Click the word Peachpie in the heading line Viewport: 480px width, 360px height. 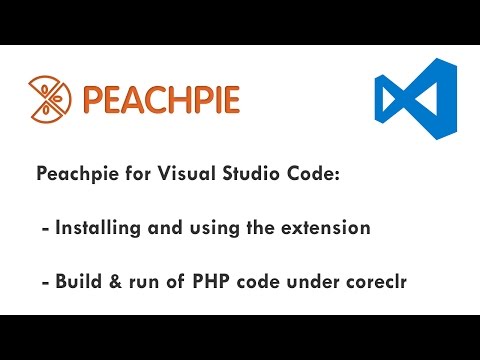(x=79, y=175)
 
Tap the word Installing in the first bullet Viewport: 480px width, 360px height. (x=102, y=228)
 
